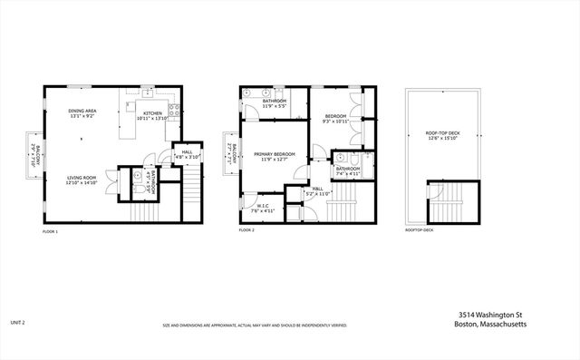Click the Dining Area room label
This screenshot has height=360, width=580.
tap(82, 113)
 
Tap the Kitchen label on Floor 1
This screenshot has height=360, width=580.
tap(151, 116)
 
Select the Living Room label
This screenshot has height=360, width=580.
tap(82, 180)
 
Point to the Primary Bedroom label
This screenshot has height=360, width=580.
tap(275, 157)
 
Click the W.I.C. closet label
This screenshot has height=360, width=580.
tap(259, 208)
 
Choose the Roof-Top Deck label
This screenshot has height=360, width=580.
tap(443, 136)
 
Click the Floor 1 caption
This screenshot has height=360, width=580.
tap(50, 231)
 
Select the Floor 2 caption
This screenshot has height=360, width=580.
tap(247, 231)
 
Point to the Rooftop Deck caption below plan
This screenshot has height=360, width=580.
tap(420, 231)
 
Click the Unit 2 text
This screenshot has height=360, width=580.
tap(16, 322)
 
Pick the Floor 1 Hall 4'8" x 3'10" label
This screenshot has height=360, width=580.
tap(187, 154)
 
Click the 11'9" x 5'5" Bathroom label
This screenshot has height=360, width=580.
tap(275, 103)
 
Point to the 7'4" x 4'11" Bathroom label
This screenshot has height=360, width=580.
tap(348, 171)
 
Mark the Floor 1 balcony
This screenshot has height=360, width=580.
tap(32, 154)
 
